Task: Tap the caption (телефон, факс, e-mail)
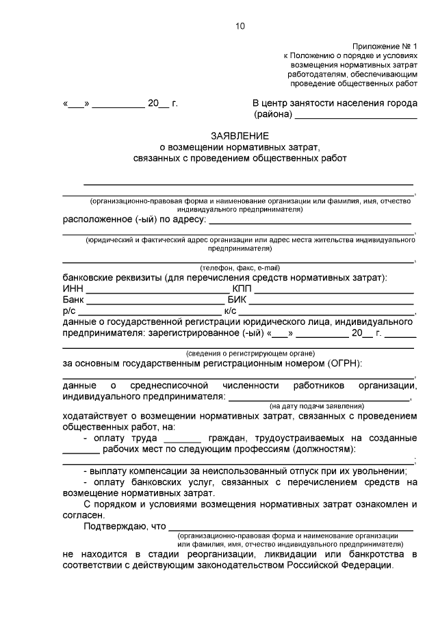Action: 240,267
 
